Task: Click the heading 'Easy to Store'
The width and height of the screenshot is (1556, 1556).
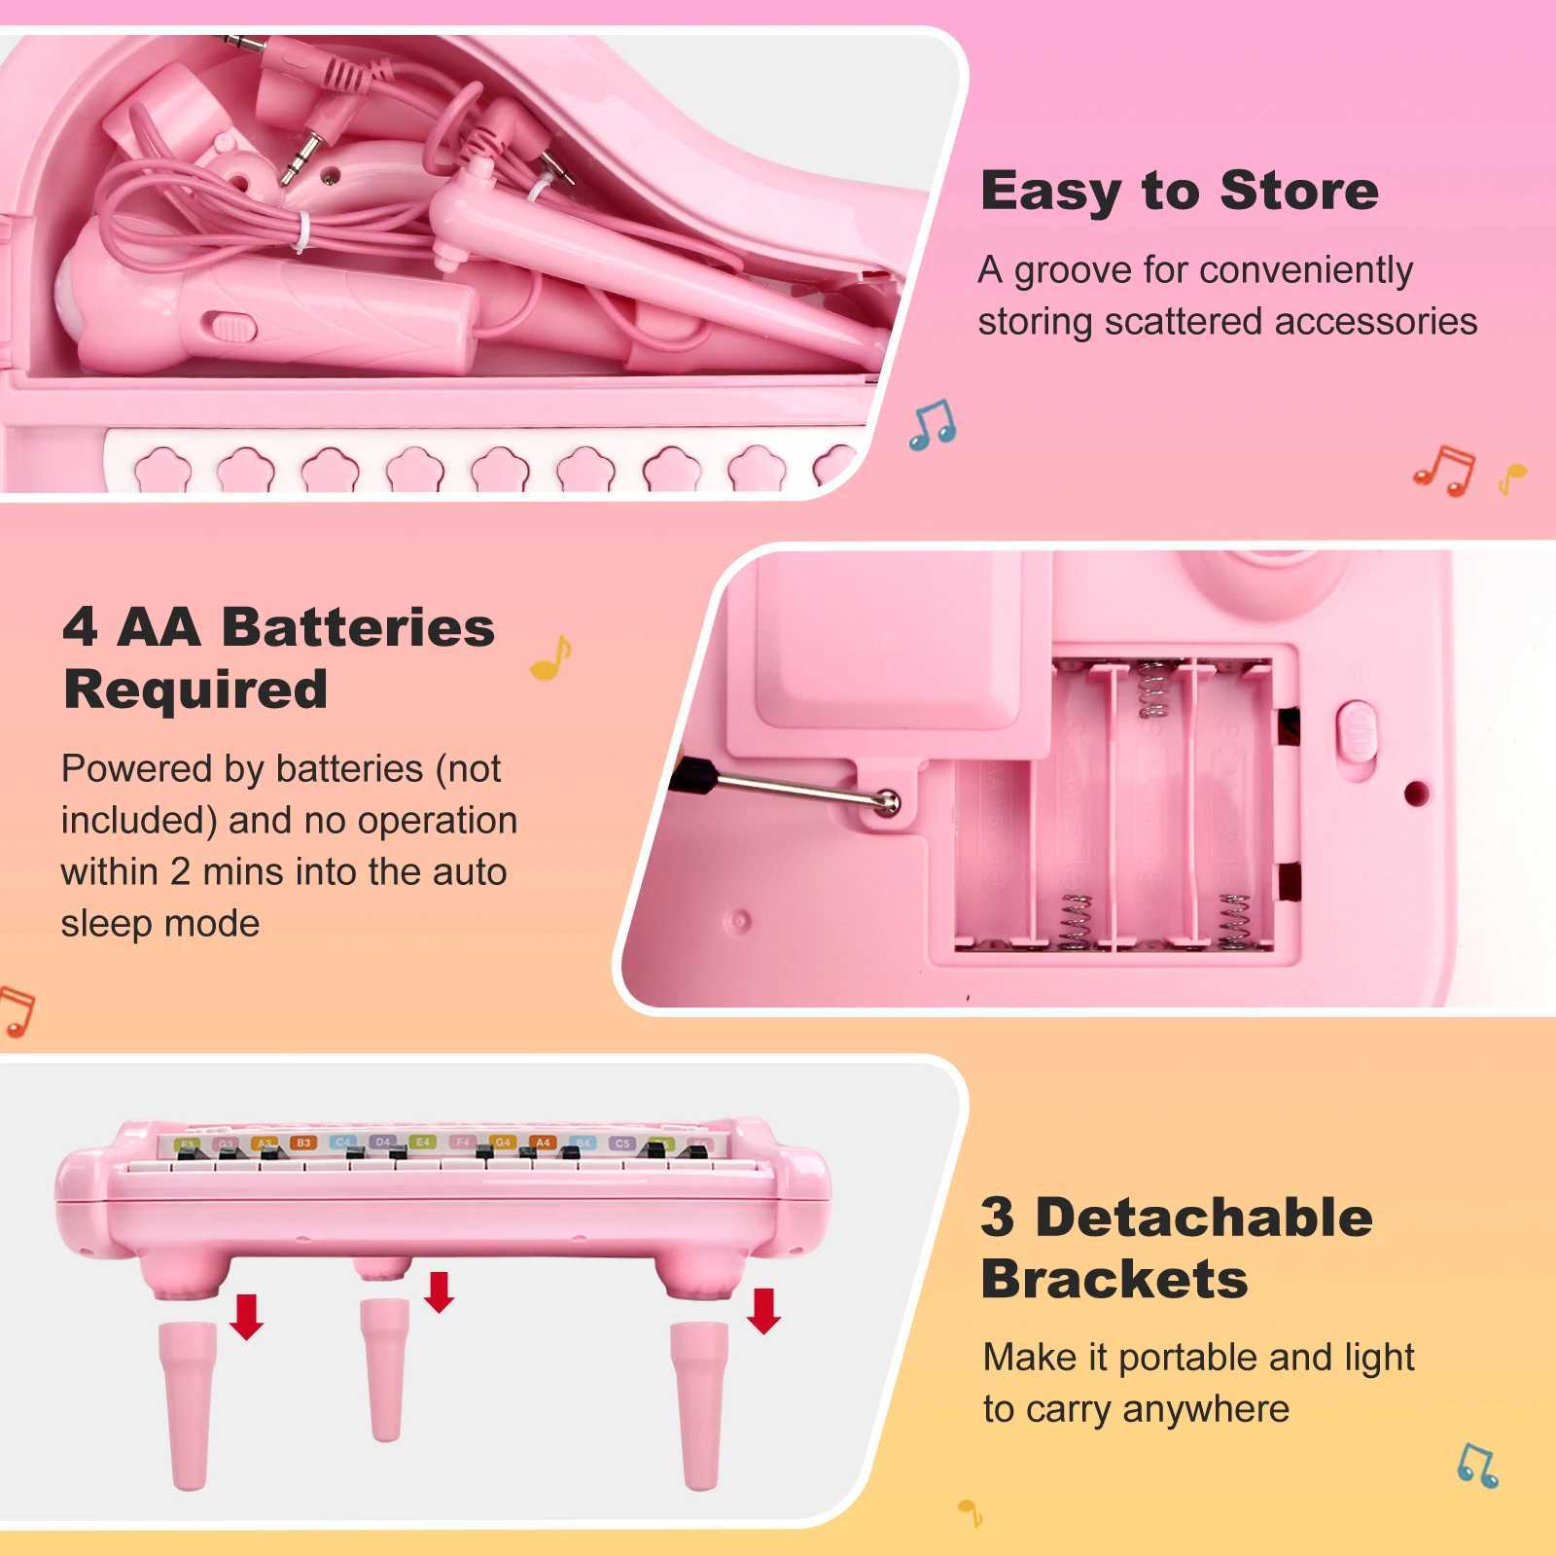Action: pyautogui.click(x=1179, y=191)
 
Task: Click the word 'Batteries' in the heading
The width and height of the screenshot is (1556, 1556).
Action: pyautogui.click(x=358, y=627)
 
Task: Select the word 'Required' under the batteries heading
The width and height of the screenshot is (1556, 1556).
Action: pyautogui.click(x=194, y=690)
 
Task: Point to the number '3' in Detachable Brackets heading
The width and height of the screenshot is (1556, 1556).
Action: pyautogui.click(x=997, y=1218)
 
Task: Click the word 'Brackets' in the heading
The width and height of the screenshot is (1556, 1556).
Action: pyautogui.click(x=1114, y=1280)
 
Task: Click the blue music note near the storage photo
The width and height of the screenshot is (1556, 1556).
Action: pyautogui.click(x=933, y=424)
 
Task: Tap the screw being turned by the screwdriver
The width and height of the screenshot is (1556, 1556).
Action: pyautogui.click(x=887, y=801)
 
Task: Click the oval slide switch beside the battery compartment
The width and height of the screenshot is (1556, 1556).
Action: pyautogui.click(x=1359, y=729)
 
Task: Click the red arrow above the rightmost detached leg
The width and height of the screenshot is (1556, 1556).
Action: pyautogui.click(x=763, y=1310)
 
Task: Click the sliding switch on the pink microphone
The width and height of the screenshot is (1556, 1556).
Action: pyautogui.click(x=231, y=328)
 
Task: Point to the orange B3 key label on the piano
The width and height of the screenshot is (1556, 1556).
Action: pyautogui.click(x=302, y=1143)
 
